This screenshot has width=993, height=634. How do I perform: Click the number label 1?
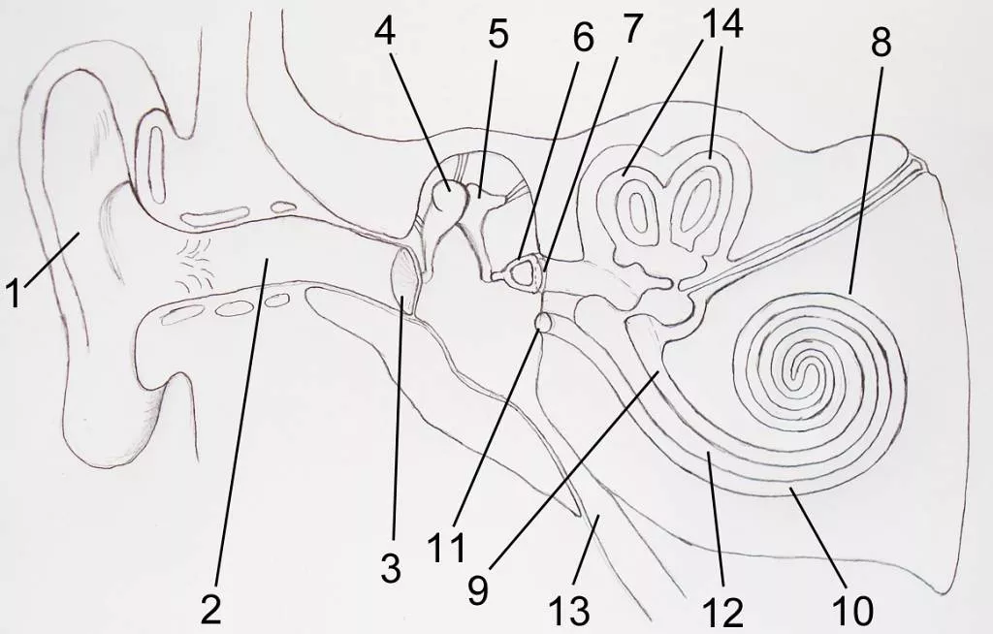[14, 294]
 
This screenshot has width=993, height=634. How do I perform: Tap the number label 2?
[210, 611]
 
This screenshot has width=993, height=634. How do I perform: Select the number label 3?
[391, 568]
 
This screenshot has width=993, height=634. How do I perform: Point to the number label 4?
[384, 30]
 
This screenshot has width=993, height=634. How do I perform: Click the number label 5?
[497, 34]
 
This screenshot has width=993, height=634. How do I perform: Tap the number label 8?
[881, 43]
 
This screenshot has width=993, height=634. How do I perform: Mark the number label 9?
[478, 590]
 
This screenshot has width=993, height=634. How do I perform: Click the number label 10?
[853, 611]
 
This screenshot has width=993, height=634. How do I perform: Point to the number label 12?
[723, 613]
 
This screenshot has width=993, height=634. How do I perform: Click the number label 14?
[721, 24]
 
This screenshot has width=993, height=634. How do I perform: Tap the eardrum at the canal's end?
[406, 280]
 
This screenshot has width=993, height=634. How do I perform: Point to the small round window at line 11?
[543, 323]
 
